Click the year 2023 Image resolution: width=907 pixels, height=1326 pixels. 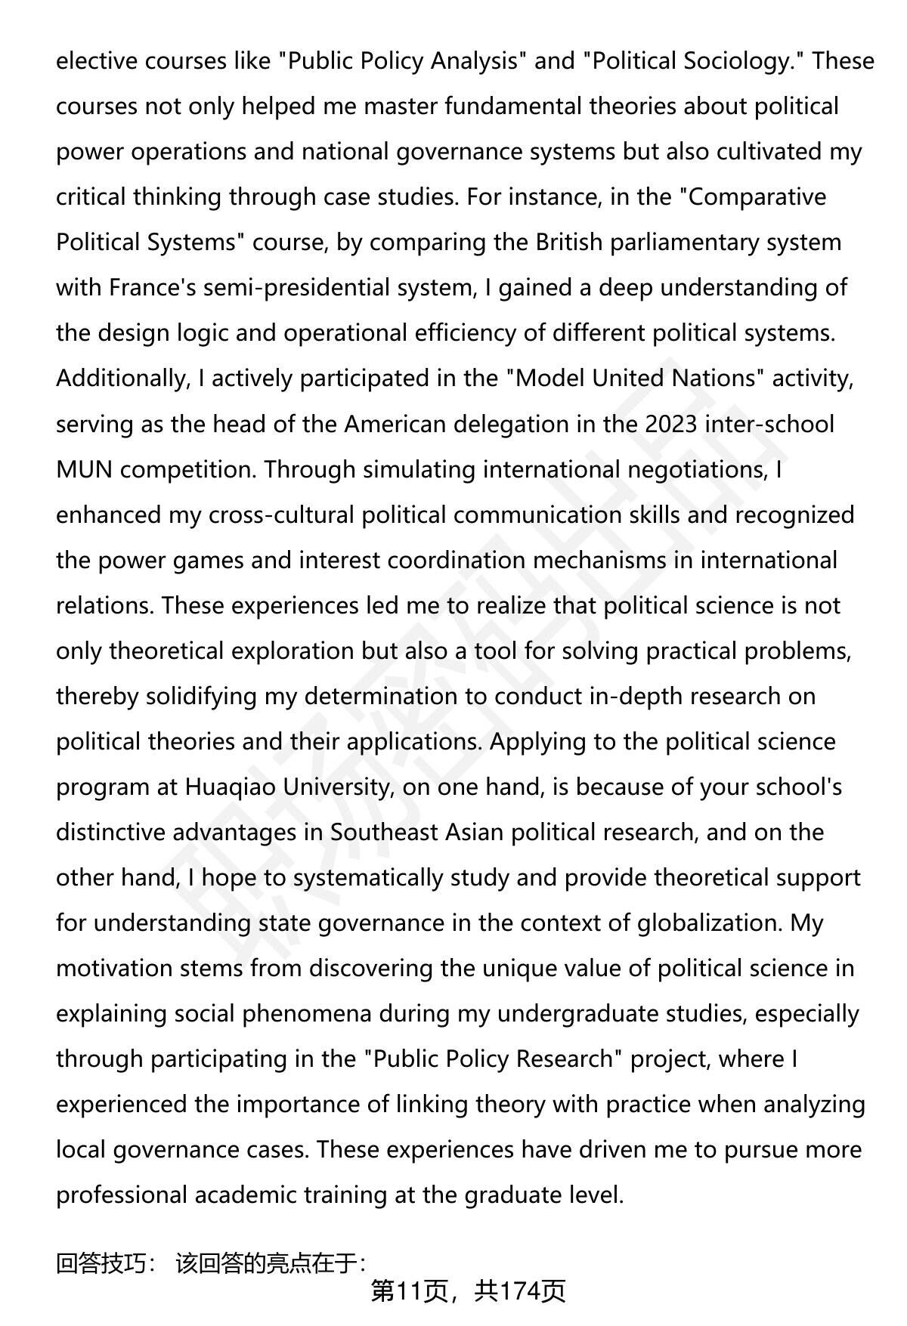coord(670,424)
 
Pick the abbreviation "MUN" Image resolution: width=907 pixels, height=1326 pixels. coord(84,469)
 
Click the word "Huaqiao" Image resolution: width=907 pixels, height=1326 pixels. coord(231,787)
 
